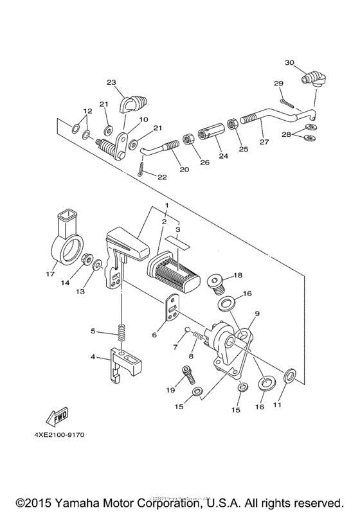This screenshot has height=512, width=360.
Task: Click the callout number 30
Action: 289,62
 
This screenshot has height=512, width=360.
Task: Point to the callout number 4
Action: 93,357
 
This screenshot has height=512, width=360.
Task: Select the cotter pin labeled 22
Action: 140,169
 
